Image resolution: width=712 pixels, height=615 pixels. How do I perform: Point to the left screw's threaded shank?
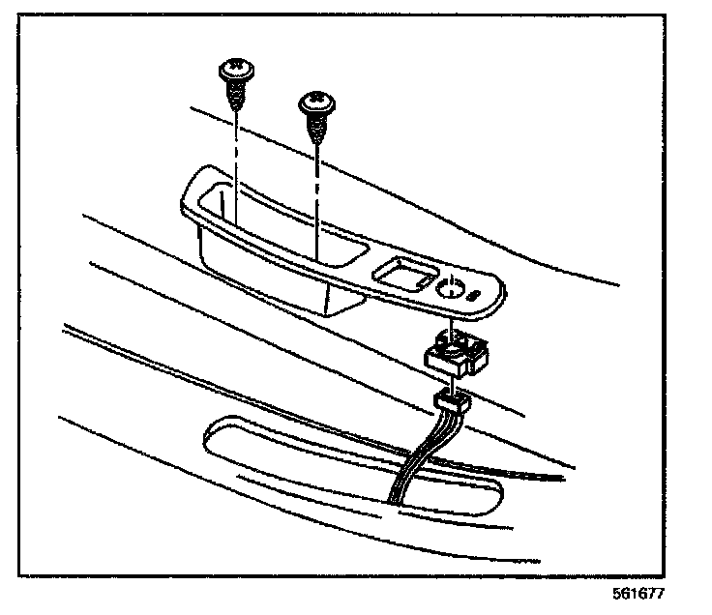click(234, 93)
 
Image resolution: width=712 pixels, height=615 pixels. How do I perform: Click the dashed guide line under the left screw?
click(235, 155)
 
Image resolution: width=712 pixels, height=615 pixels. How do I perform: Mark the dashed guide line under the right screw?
click(317, 193)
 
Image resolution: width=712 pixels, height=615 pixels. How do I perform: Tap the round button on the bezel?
click(449, 286)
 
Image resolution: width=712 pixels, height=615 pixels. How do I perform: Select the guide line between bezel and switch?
click(451, 319)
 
